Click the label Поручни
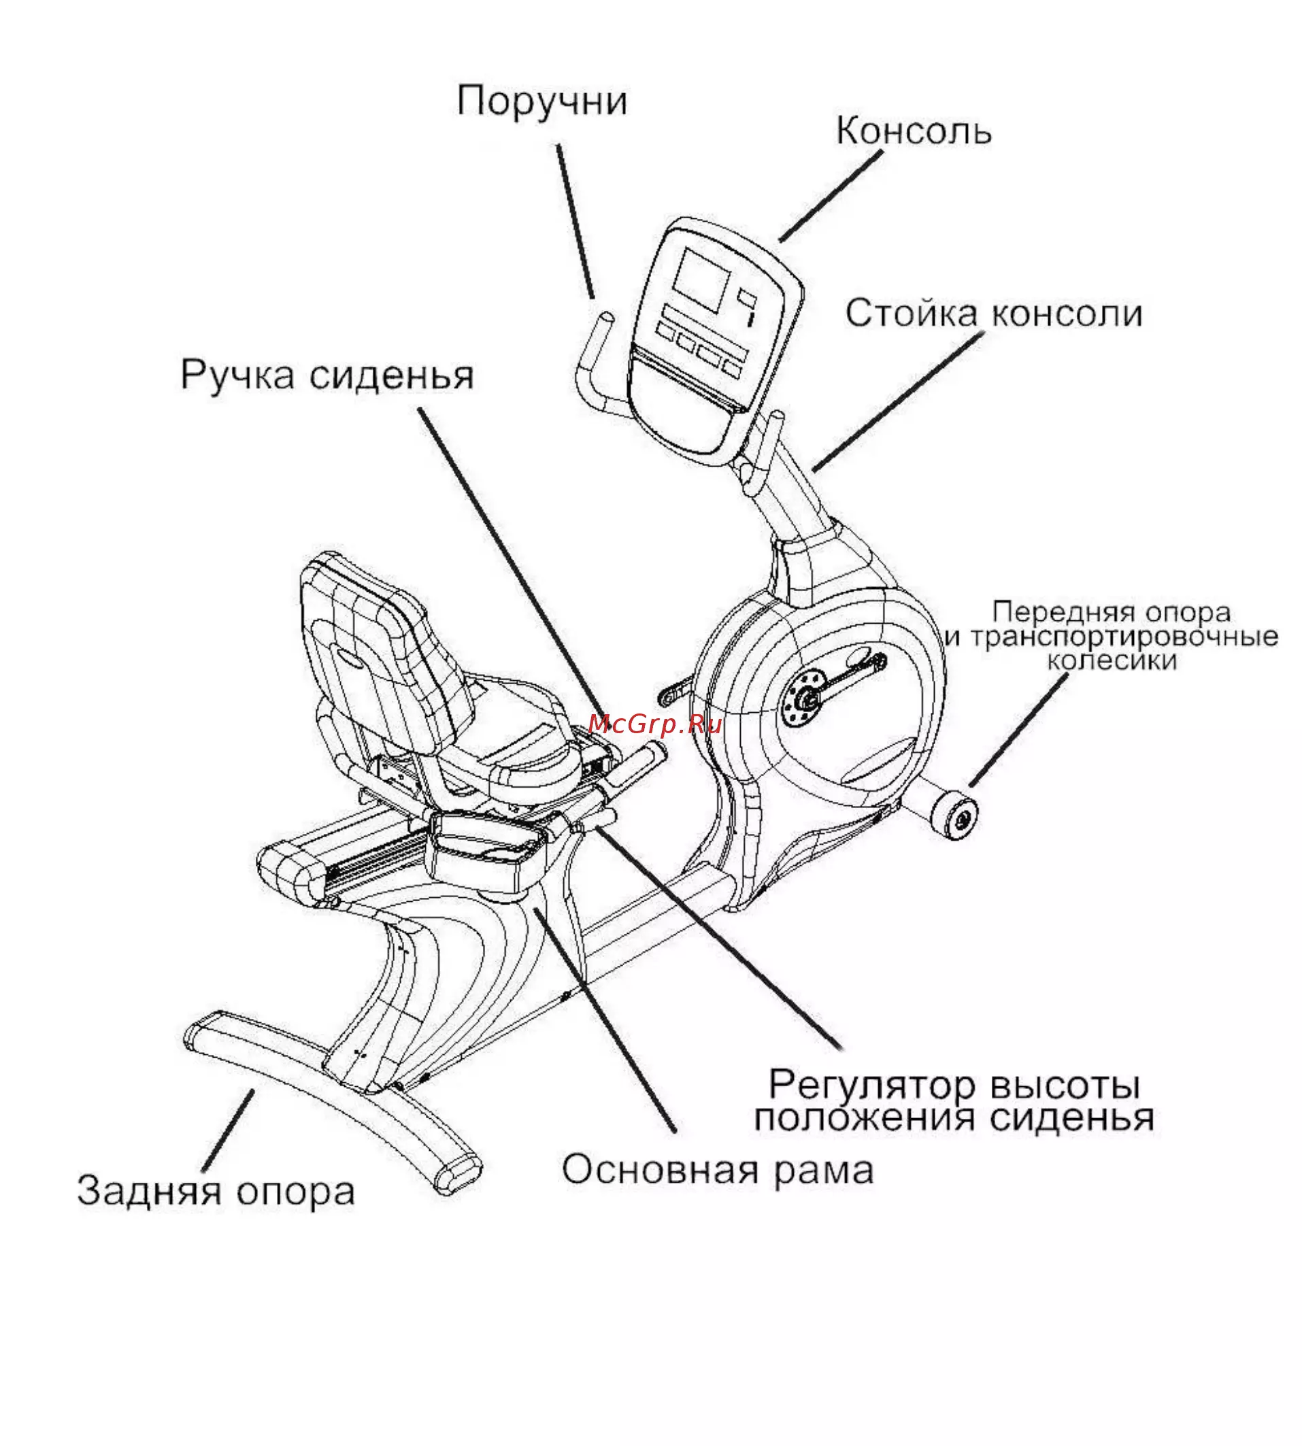(x=541, y=101)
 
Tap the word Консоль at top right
(x=914, y=131)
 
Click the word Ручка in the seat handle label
(x=237, y=375)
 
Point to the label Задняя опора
(x=216, y=1192)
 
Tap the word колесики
(x=1112, y=660)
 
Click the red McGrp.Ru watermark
(x=654, y=725)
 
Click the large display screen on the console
(x=702, y=280)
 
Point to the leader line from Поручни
(x=575, y=222)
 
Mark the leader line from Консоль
(x=830, y=197)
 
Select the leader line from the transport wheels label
(x=1018, y=731)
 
